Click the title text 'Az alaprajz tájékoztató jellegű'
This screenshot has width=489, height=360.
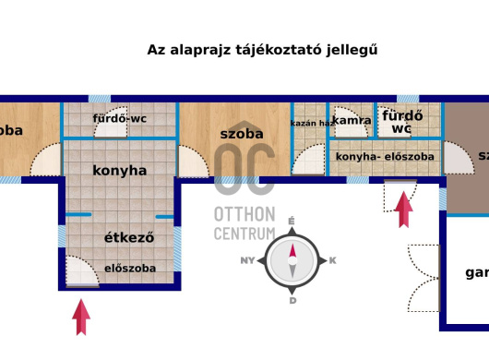[263, 50]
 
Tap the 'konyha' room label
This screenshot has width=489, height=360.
[119, 171]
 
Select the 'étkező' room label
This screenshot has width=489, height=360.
[127, 237]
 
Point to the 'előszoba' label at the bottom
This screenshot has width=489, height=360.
[129, 269]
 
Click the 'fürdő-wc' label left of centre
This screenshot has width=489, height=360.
[121, 118]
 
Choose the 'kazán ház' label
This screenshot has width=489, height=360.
[311, 123]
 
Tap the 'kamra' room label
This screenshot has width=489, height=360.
[352, 120]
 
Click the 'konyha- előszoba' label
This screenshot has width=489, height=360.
[385, 157]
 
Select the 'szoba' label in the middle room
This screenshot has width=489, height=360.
[242, 134]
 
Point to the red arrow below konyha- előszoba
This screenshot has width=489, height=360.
[403, 209]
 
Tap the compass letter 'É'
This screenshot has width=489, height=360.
[292, 222]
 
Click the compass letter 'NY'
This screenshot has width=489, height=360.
[247, 261]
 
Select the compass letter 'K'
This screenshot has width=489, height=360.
[332, 261]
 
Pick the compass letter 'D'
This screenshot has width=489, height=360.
[292, 301]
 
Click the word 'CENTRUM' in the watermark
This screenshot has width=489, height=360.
[244, 234]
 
